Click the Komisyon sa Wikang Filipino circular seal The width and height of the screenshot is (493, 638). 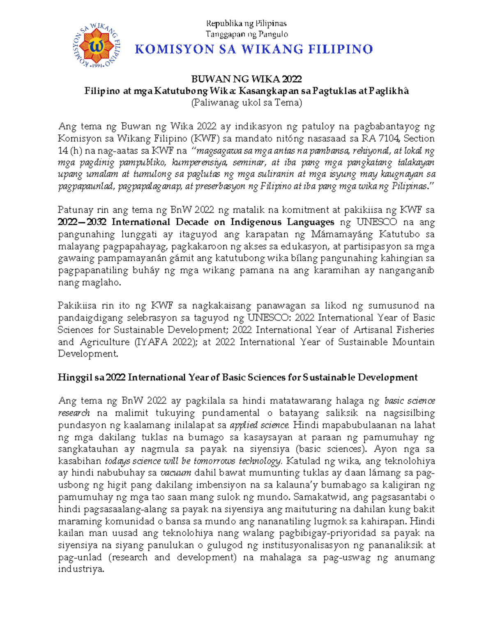[x=97, y=45]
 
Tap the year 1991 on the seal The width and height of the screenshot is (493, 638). [x=97, y=65]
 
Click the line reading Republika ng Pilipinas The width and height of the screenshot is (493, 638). [x=246, y=23]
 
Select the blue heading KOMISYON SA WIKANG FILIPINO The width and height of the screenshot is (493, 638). [x=253, y=49]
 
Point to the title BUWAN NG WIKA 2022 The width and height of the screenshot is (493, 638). [x=246, y=79]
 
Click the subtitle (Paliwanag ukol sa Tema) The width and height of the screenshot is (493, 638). [x=246, y=103]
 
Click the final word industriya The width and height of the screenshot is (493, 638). [x=81, y=569]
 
